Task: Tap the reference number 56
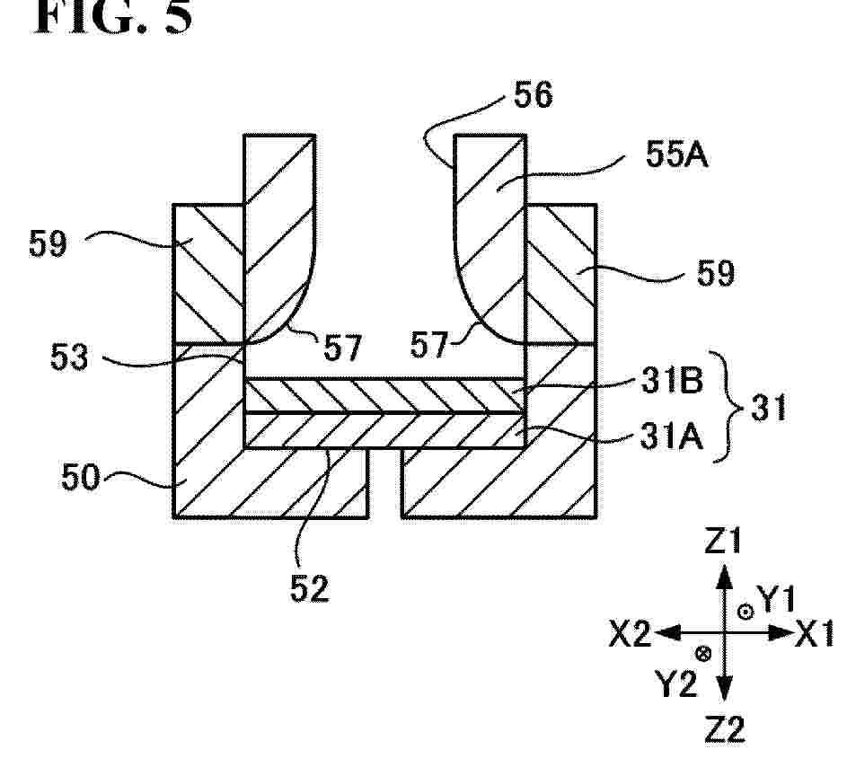coord(534,94)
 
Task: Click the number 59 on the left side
coord(49,243)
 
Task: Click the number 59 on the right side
coord(716,273)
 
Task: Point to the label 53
coord(69,357)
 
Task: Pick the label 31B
coord(673,380)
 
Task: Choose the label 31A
coord(672,436)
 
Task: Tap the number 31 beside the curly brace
coord(769,407)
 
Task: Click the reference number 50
coord(81,477)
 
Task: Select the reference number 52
coord(310,588)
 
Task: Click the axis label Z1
coord(722,542)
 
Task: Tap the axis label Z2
coord(725,729)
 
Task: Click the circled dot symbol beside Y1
coord(746,612)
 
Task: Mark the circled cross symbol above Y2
coord(703,654)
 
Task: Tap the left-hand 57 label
coord(342,348)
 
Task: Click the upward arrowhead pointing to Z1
coord(724,576)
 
